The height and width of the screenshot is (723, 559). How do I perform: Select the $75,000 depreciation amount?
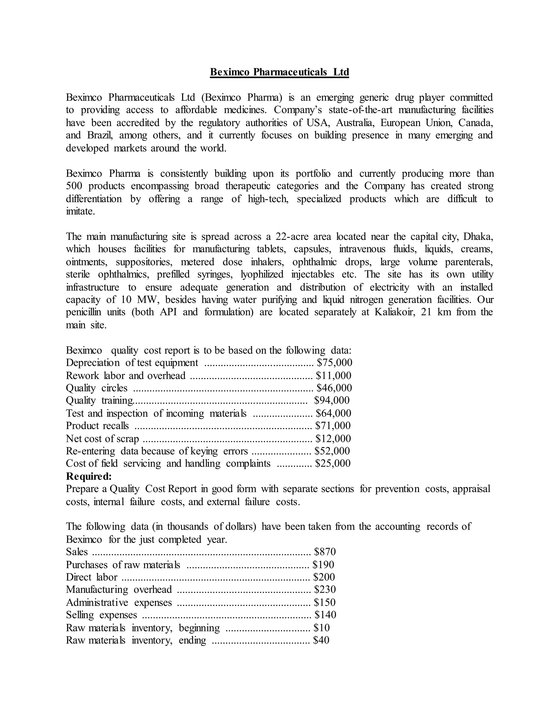coord(334,363)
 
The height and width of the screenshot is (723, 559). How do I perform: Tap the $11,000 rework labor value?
coord(334,375)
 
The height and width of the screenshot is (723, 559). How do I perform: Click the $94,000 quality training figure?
coord(332,400)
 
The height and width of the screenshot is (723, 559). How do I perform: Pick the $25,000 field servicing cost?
coord(333,463)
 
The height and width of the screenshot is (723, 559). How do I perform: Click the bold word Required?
coord(89,476)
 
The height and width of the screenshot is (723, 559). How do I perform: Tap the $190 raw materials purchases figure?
coord(323,564)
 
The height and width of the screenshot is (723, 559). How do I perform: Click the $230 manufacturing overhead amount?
coord(325,589)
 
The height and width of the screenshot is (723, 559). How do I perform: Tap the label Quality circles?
coord(96,388)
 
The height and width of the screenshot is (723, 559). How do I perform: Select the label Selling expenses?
coord(101,615)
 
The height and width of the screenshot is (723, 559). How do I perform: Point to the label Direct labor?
coord(91,577)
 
